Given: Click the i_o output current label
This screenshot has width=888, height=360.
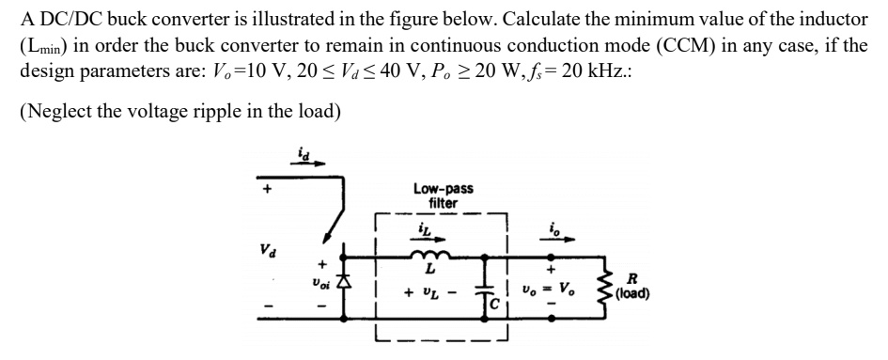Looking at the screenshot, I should [x=554, y=227].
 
